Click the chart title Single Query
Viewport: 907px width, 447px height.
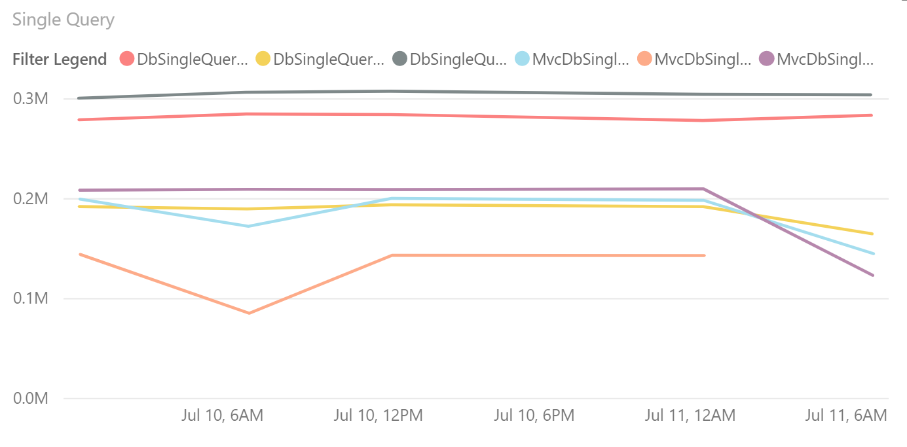point(64,20)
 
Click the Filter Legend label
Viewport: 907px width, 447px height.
point(60,59)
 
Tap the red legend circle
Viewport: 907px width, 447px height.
point(128,59)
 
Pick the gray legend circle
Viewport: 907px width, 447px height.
point(400,59)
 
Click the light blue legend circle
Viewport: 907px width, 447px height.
point(523,59)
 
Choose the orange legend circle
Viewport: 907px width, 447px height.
point(645,59)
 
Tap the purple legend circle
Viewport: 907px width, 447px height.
point(767,59)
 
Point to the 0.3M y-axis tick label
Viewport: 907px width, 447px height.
point(30,99)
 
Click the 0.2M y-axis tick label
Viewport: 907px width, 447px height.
point(30,199)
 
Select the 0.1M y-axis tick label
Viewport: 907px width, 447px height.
point(30,298)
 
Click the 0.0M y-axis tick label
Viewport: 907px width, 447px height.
point(30,399)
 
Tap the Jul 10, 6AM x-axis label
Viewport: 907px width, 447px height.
point(221,415)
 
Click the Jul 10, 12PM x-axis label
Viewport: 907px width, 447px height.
point(379,415)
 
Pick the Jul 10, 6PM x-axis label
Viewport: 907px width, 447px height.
point(534,415)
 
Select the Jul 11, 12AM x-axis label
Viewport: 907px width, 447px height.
point(690,415)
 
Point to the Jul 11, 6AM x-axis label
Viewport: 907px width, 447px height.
point(845,415)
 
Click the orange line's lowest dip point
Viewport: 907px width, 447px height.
point(249,313)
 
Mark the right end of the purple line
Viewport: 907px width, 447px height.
point(872,275)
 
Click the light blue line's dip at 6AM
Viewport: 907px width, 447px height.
point(248,226)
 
